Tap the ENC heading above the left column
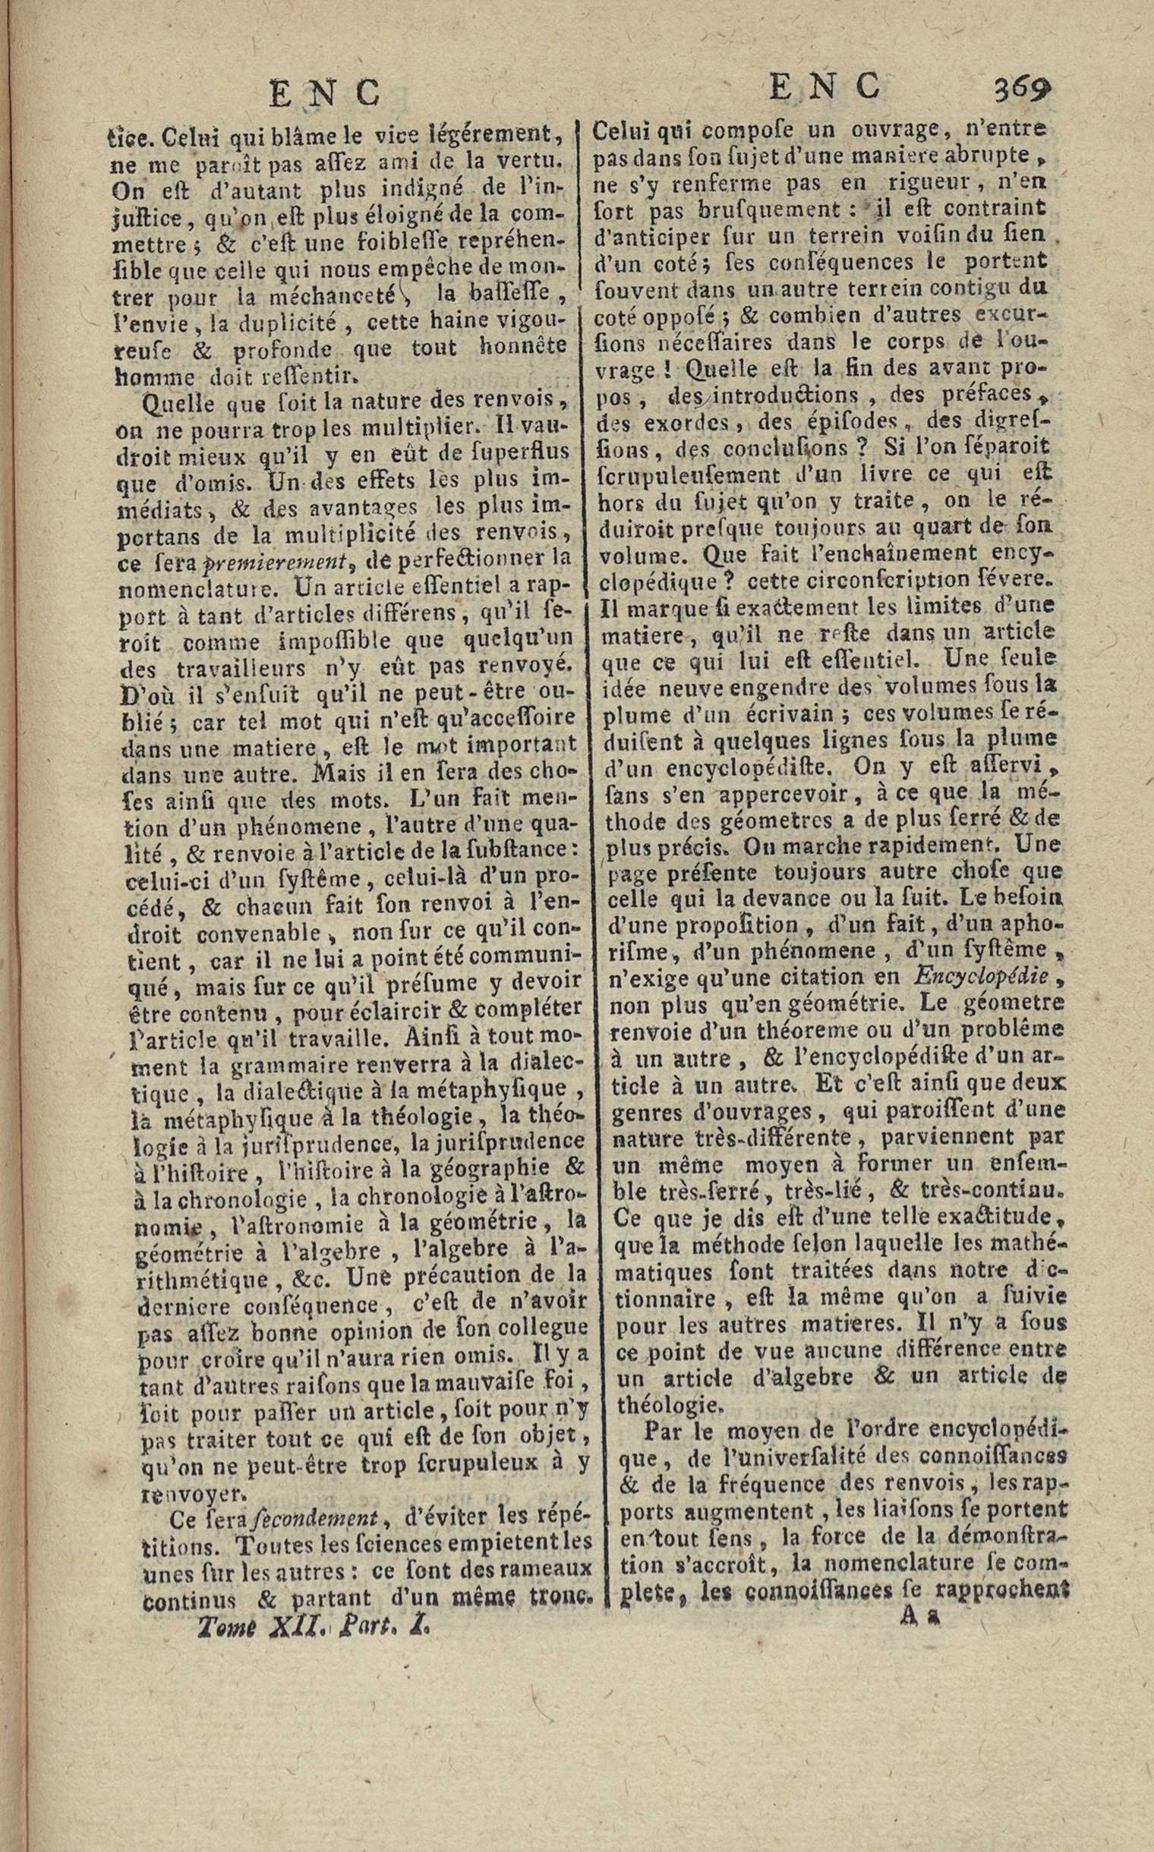[x=326, y=93]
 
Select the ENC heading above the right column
[x=825, y=87]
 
